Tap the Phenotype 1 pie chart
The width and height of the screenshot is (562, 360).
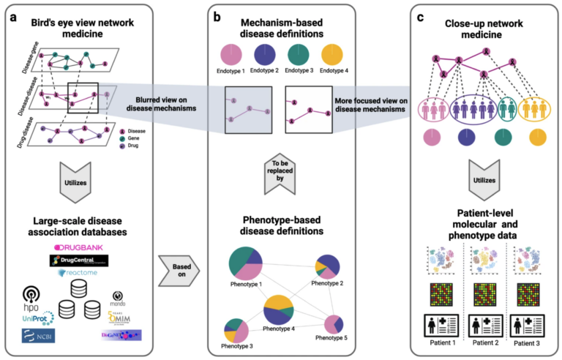click(x=248, y=261)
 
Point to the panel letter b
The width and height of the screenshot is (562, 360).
click(x=217, y=13)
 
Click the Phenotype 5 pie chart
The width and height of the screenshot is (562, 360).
click(x=334, y=324)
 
